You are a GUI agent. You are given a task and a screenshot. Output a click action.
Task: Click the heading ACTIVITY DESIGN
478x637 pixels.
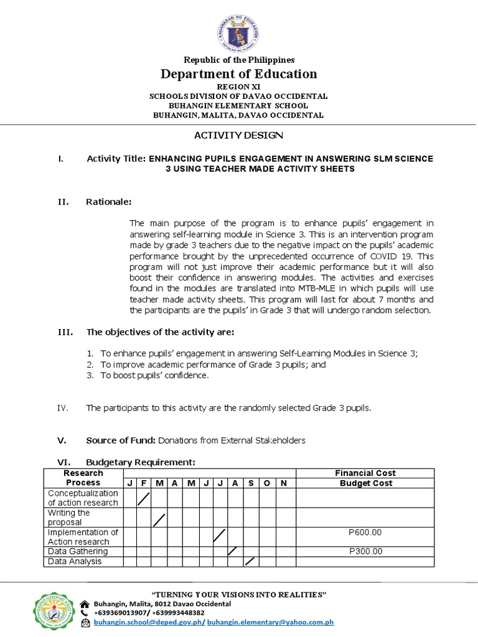(x=239, y=135)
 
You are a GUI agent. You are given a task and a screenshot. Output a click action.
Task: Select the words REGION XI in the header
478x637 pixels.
(x=238, y=87)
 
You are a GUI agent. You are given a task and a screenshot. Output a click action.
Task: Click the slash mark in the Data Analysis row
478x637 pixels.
(x=250, y=561)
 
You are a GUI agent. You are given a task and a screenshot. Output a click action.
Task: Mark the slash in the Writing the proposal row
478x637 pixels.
(x=159, y=519)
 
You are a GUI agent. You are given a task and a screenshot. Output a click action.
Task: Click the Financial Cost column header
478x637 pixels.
(x=365, y=473)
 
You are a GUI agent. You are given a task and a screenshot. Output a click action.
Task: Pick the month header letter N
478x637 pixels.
(x=284, y=483)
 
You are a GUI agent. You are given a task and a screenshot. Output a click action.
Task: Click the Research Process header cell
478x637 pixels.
(x=83, y=478)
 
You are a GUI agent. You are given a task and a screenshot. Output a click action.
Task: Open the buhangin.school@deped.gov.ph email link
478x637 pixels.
(x=149, y=621)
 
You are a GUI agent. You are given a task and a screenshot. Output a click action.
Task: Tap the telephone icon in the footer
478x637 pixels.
(x=85, y=613)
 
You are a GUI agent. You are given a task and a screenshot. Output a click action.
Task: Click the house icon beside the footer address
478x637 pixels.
(x=85, y=603)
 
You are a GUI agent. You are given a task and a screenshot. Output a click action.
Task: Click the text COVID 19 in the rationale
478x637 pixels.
(x=386, y=256)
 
